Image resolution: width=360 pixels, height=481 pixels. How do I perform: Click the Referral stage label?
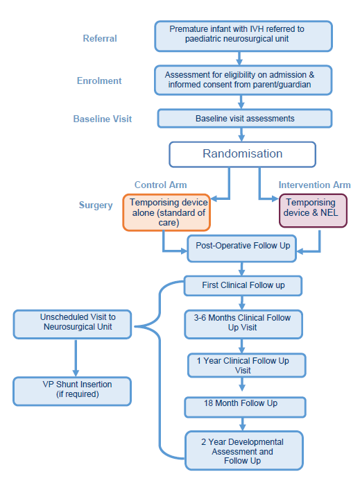100,38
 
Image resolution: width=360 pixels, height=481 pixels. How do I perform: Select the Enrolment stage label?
98,81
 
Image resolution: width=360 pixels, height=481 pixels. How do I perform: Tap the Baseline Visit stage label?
102,119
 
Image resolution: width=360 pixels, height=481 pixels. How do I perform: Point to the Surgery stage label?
96,205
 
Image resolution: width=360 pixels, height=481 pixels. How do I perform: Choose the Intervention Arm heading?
314,185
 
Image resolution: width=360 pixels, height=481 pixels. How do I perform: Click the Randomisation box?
242,154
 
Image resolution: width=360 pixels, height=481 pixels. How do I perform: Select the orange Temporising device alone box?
167,212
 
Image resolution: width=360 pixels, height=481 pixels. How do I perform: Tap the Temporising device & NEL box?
313,211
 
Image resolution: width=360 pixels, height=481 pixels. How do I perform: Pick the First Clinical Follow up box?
243,285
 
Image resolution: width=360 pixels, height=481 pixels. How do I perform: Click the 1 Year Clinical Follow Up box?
243,365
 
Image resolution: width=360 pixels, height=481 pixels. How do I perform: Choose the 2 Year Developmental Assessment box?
243,450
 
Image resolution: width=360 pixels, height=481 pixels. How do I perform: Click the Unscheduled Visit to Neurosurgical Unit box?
72,323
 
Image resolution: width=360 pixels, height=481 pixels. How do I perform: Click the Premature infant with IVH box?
243,36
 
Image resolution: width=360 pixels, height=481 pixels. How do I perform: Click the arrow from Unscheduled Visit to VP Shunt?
75,357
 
